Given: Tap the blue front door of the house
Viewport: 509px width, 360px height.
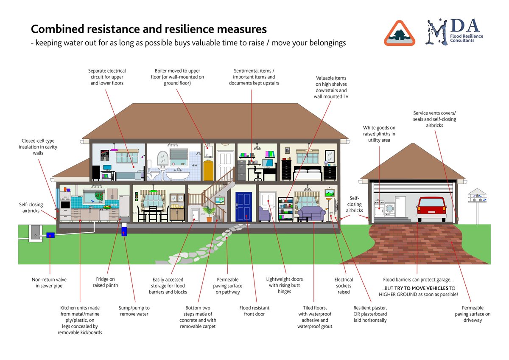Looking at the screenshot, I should click(244, 206).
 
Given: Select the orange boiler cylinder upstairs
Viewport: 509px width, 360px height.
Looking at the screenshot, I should click(208, 169).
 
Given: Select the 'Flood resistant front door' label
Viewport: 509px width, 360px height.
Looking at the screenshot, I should click(255, 311).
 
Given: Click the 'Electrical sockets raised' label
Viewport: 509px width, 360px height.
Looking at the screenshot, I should click(344, 286).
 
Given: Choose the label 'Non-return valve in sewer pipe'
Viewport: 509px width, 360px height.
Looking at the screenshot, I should click(49, 283).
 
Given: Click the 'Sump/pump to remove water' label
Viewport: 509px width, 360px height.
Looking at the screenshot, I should click(134, 311).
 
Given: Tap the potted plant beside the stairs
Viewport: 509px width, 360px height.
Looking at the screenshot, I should click(208, 213).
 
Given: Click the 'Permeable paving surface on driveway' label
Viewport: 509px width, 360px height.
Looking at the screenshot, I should click(473, 314).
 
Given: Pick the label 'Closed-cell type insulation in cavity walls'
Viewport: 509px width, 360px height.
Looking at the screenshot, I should click(38, 147).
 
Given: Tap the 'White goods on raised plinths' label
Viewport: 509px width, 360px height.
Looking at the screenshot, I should click(379, 133).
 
